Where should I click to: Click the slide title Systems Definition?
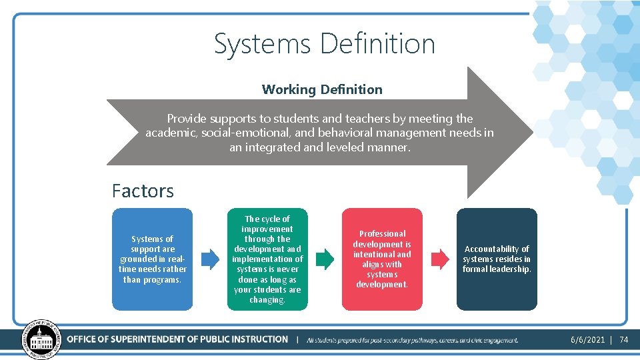pyautogui.click(x=324, y=44)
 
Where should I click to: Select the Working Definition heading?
pyautogui.click(x=322, y=89)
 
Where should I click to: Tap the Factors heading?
pyautogui.click(x=143, y=191)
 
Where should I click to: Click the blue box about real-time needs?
pyautogui.click(x=152, y=259)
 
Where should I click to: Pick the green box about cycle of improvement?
pyautogui.click(x=267, y=259)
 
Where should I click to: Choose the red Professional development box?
pyautogui.click(x=382, y=259)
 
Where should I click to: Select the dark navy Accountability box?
pyautogui.click(x=497, y=259)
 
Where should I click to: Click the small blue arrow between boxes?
pyautogui.click(x=210, y=259)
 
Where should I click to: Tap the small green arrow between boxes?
pyautogui.click(x=325, y=259)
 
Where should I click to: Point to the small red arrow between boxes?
pyautogui.click(x=440, y=259)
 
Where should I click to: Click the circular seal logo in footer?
pyautogui.click(x=41, y=339)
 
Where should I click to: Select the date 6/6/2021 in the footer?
pyautogui.click(x=587, y=340)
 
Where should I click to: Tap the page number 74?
pyautogui.click(x=624, y=340)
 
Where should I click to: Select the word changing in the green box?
pyautogui.click(x=267, y=300)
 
